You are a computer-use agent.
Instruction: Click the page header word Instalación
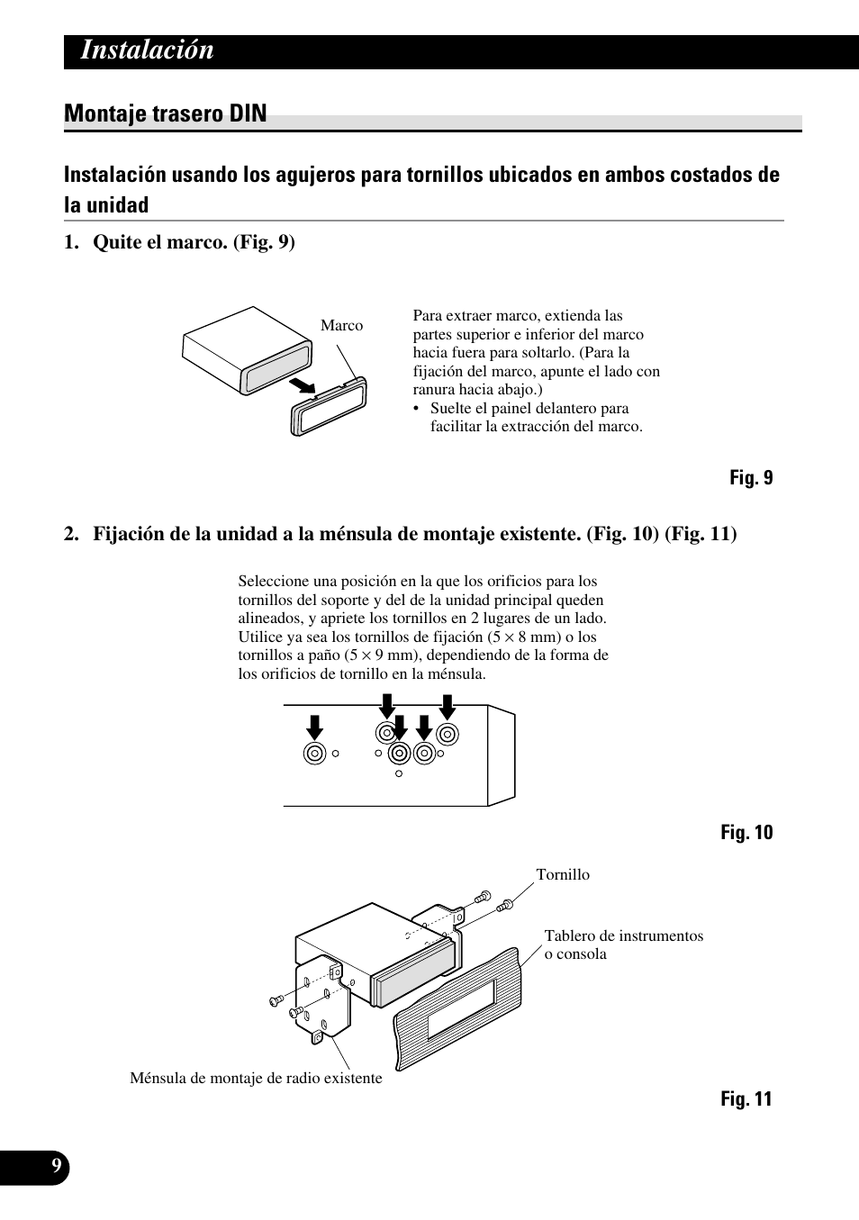tap(148, 51)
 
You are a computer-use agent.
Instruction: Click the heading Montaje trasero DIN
tap(166, 113)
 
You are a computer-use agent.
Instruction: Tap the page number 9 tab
tap(56, 1167)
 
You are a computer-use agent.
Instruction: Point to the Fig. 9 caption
tap(751, 478)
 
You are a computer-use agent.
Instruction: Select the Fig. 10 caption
tap(746, 833)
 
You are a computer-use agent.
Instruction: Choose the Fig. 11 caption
tap(746, 1099)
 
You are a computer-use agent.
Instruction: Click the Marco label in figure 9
tap(341, 326)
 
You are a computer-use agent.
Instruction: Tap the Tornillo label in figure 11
tap(563, 875)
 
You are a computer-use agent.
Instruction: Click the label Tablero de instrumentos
tap(623, 936)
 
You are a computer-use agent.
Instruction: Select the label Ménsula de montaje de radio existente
tap(256, 1079)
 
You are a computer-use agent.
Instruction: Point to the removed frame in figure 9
tap(328, 406)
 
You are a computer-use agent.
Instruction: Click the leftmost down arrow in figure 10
tap(314, 726)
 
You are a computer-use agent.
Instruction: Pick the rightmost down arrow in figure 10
tap(447, 708)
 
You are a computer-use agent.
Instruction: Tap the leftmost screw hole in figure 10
tap(314, 754)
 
